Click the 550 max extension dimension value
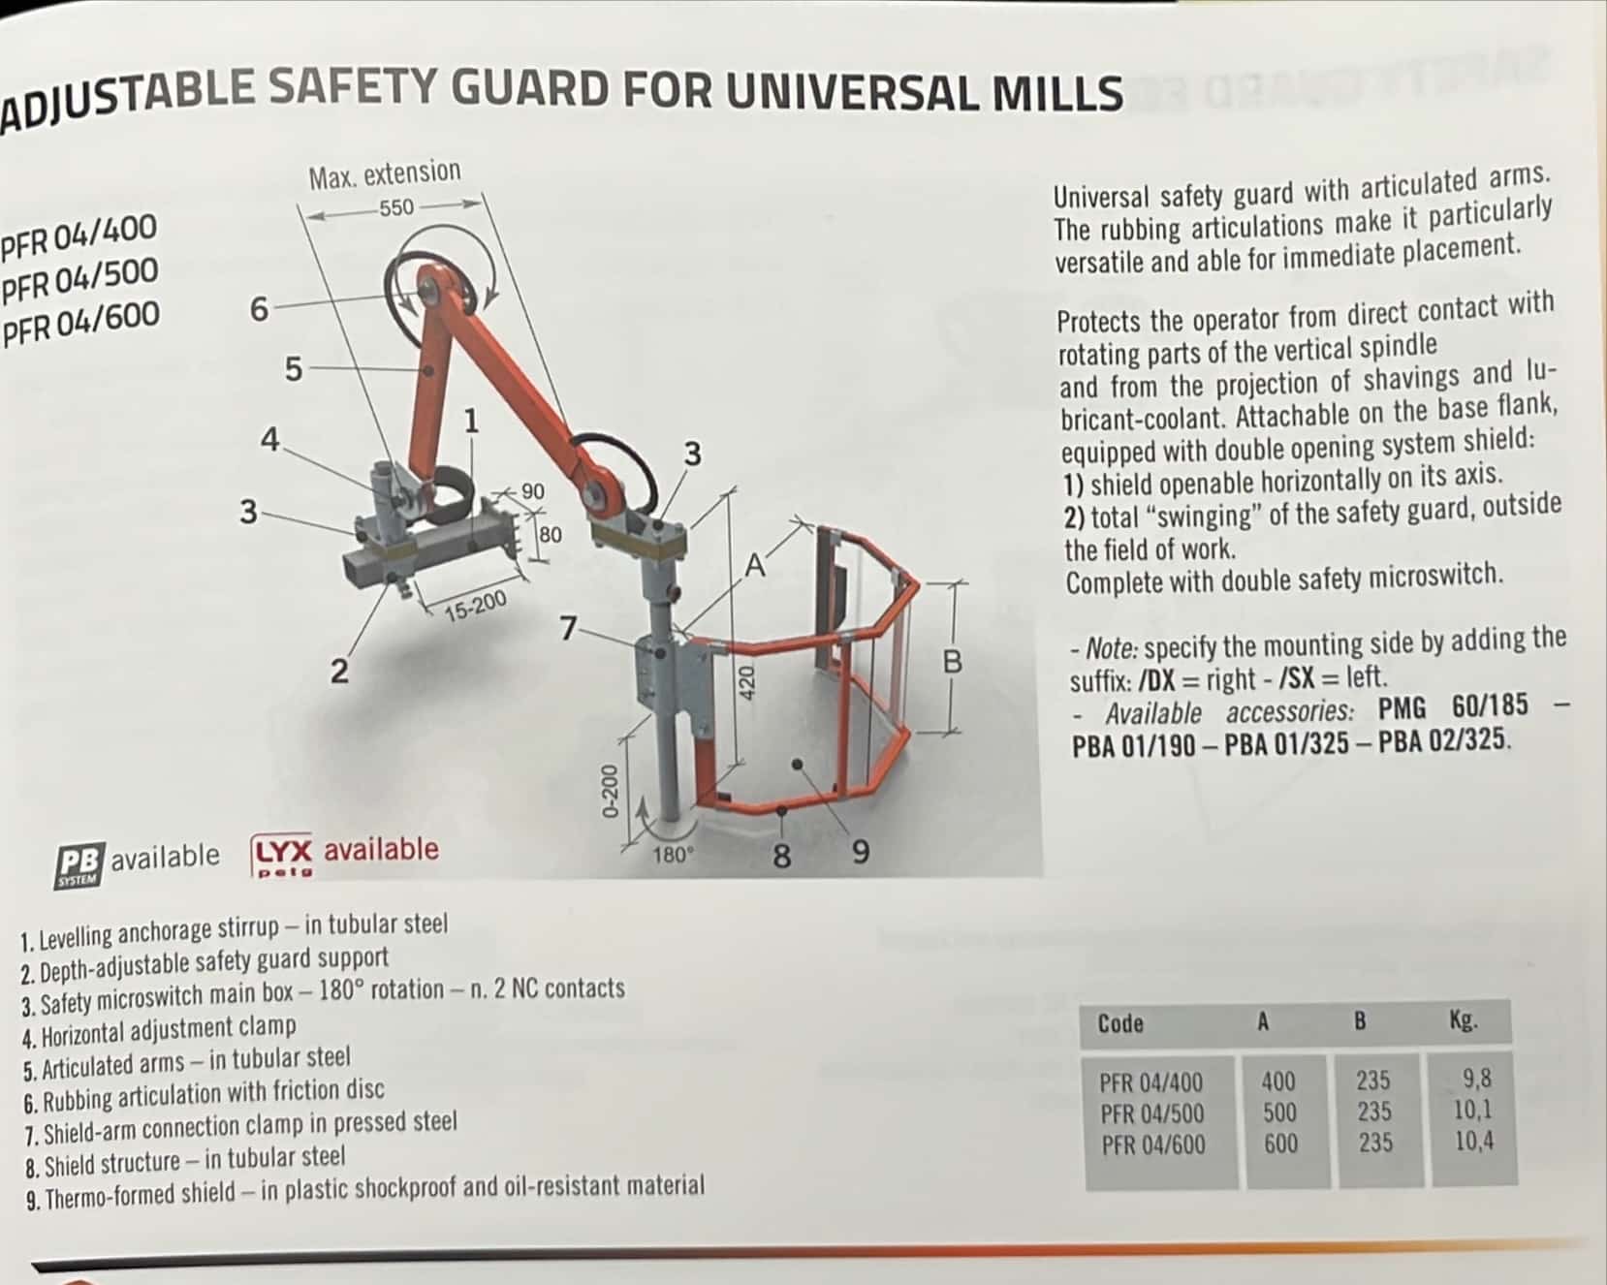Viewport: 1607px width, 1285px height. click(396, 207)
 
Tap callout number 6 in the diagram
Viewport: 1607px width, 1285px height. click(259, 309)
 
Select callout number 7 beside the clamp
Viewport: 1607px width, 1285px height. click(569, 628)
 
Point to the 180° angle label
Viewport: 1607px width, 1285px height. click(674, 855)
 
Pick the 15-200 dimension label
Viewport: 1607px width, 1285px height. click(475, 606)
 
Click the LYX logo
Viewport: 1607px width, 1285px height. click(282, 856)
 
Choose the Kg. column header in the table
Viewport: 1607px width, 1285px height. click(1463, 1020)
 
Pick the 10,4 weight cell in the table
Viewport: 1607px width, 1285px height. click(1474, 1141)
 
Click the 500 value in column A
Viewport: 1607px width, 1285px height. click(1279, 1113)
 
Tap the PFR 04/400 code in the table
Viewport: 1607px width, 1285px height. click(1150, 1082)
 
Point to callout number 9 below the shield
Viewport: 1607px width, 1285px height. click(860, 853)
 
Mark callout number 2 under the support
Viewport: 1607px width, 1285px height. click(338, 671)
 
